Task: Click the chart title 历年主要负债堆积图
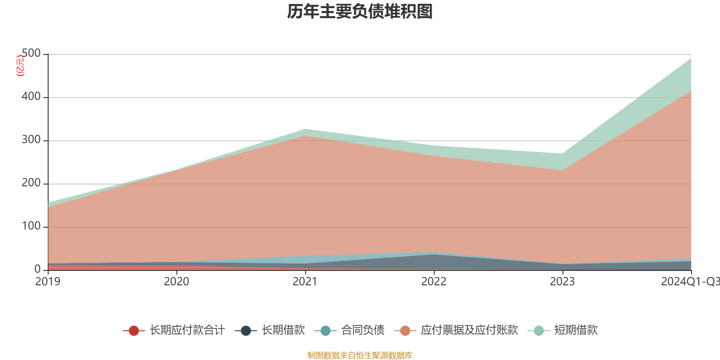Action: click(360, 12)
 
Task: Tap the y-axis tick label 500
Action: click(31, 54)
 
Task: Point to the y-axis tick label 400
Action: click(31, 97)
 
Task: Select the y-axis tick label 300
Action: click(31, 140)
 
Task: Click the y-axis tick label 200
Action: click(31, 183)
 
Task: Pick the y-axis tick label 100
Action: click(31, 226)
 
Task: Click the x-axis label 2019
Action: click(48, 282)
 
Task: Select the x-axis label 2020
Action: click(176, 282)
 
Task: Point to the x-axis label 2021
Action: click(305, 282)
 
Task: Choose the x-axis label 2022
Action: click(434, 282)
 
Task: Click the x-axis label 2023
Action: click(562, 282)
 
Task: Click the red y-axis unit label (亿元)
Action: click(20, 66)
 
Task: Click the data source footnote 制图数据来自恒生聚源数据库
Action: click(360, 355)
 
